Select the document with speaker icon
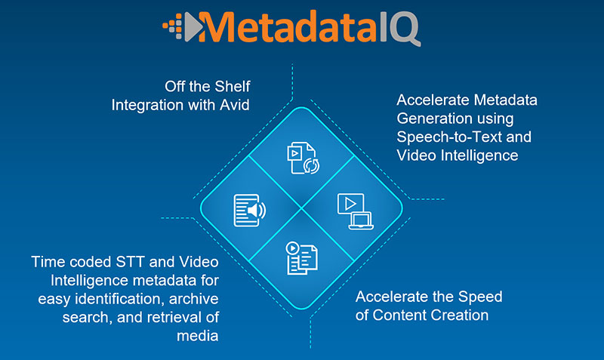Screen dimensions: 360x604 click(x=248, y=210)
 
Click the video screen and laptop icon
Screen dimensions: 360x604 click(x=353, y=211)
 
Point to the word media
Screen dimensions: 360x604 click(x=198, y=335)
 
